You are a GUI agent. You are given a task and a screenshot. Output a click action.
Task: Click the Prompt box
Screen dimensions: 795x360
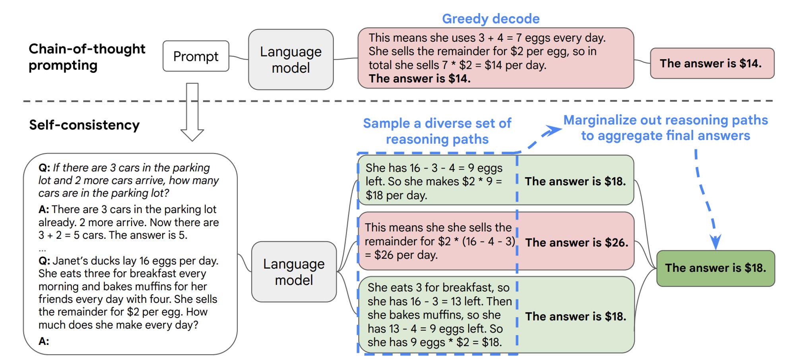point(196,56)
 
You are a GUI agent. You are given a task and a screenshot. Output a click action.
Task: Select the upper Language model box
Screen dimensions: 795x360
point(291,59)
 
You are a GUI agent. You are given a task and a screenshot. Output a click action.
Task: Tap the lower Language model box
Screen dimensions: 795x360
point(294,272)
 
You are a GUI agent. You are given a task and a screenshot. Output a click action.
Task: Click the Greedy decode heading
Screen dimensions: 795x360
point(491,19)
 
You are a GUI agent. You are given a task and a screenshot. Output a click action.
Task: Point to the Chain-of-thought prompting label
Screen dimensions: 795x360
point(87,57)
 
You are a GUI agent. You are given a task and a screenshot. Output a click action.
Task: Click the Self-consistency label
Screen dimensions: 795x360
point(84,125)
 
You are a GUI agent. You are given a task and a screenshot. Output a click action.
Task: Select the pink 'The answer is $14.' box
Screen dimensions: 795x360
point(712,63)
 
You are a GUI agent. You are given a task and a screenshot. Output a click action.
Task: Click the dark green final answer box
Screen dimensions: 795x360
point(715,268)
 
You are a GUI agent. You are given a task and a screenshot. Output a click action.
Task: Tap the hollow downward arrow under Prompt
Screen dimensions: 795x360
point(192,112)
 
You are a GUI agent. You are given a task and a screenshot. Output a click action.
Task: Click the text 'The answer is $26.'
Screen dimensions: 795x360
point(577,242)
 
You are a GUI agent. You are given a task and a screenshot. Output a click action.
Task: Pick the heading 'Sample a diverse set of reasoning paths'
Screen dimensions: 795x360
point(437,131)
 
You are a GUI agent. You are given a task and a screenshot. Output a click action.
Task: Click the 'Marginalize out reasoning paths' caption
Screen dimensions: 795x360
point(666,120)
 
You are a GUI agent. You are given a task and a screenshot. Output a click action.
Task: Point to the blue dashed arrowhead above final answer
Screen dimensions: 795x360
point(715,242)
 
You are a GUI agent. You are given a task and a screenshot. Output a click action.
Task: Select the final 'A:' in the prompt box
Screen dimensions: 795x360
point(44,341)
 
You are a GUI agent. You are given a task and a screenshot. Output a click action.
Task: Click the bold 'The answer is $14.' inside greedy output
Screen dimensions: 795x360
point(420,79)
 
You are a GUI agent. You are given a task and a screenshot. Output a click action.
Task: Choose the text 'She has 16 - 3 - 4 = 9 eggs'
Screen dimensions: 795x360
point(434,168)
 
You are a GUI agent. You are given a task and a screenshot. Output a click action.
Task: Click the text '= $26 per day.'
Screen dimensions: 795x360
point(401,255)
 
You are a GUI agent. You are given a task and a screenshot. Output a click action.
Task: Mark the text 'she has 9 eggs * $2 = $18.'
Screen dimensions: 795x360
point(434,342)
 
